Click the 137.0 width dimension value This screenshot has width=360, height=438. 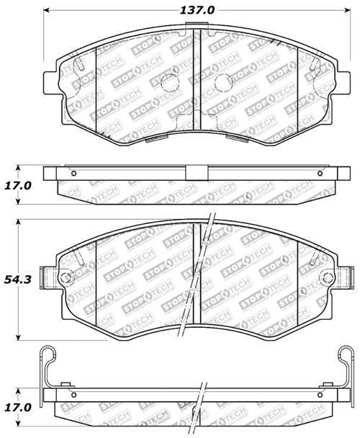point(197,11)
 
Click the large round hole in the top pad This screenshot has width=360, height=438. point(170,83)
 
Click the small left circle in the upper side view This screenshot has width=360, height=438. point(73,174)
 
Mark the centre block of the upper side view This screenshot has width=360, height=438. point(195,174)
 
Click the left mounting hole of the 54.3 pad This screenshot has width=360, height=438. point(65,279)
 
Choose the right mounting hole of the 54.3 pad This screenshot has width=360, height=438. point(328,279)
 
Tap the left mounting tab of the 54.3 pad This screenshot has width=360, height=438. point(48,278)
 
